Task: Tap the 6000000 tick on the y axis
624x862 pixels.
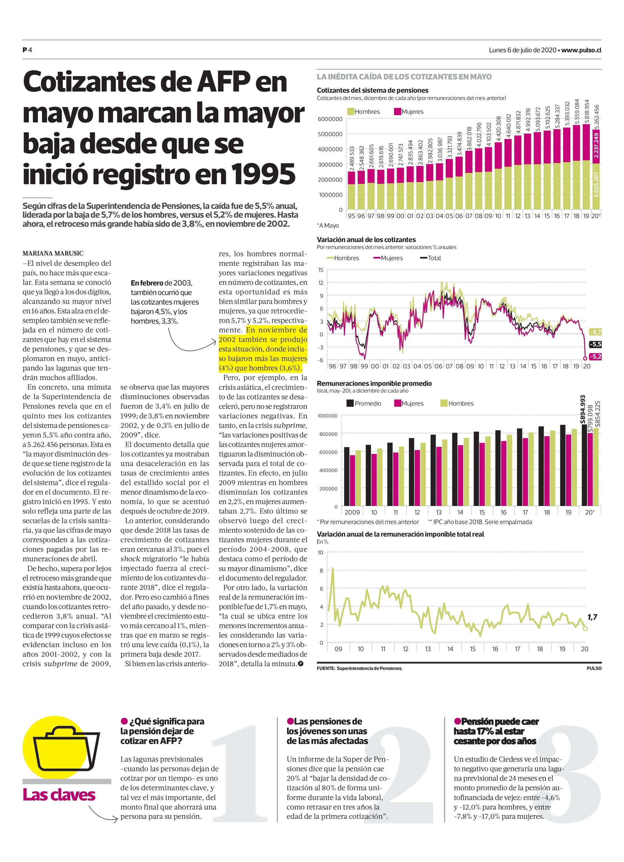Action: pyautogui.click(x=330, y=119)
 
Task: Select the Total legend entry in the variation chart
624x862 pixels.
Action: pyautogui.click(x=431, y=258)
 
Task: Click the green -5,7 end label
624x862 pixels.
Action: pyautogui.click(x=595, y=332)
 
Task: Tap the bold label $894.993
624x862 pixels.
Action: pyautogui.click(x=582, y=410)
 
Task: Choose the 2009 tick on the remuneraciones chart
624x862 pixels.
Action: pyautogui.click(x=352, y=512)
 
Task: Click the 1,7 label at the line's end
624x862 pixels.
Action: pyautogui.click(x=592, y=617)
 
